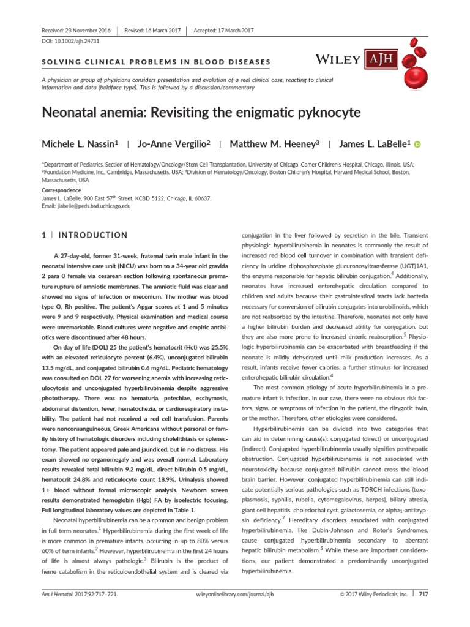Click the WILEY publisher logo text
tap(340, 59)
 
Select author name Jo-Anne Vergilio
tap(174, 144)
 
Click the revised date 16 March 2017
tap(153, 31)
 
